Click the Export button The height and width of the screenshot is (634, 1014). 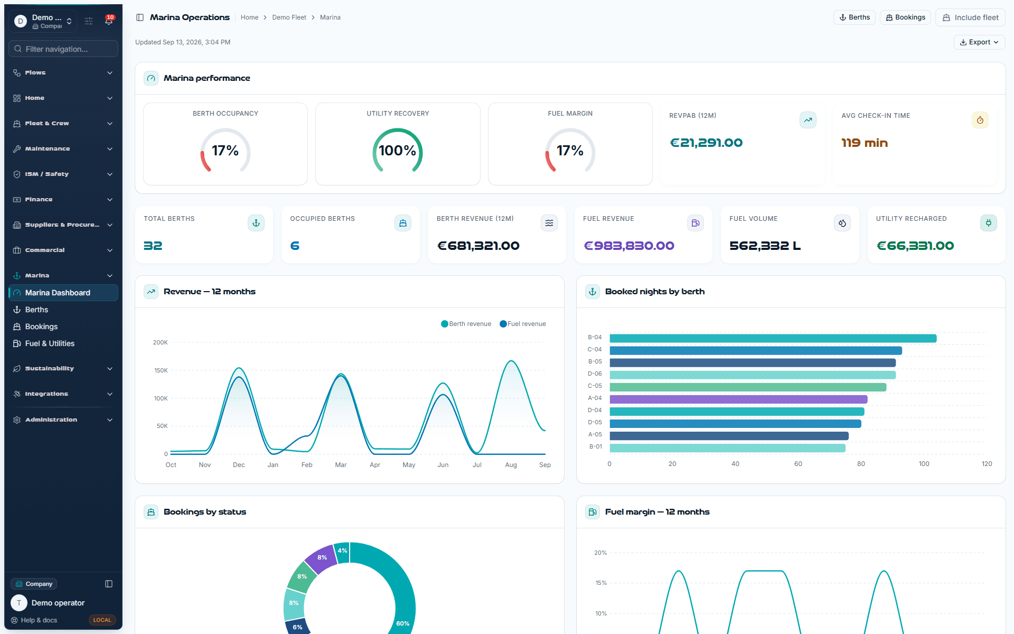pos(979,42)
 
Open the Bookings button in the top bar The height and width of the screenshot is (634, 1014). pos(905,17)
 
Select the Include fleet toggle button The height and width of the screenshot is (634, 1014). pos(970,17)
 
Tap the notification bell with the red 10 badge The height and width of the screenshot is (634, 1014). pos(109,21)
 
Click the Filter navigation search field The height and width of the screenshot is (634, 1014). pos(63,49)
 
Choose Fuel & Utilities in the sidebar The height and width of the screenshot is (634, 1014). pos(50,343)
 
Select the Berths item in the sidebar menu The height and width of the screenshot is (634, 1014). pos(36,310)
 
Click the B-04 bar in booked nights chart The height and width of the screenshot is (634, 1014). pos(773,338)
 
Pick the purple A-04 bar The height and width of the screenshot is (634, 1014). pos(738,399)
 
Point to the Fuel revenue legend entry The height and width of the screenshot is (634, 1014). pos(523,324)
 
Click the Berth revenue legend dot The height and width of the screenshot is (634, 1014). pos(445,324)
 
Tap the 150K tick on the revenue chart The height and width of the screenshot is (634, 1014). pos(161,370)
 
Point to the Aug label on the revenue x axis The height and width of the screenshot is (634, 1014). pos(511,465)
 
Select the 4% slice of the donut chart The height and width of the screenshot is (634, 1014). pos(342,552)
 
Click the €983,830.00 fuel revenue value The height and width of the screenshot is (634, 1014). pos(628,246)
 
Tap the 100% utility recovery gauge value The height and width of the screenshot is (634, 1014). pos(398,151)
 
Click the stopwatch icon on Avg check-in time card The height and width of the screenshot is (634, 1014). pos(980,120)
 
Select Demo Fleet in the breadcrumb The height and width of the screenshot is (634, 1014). pos(289,17)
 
